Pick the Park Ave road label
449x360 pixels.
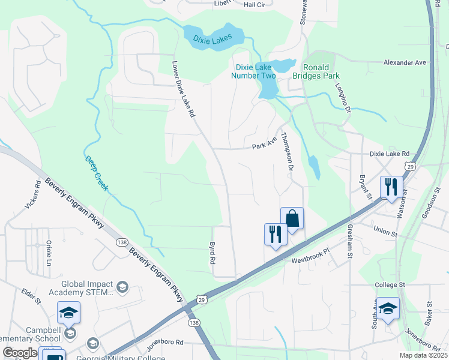pyautogui.click(x=264, y=146)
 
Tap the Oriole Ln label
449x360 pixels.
pyautogui.click(x=49, y=254)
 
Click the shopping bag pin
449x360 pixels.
pyautogui.click(x=292, y=218)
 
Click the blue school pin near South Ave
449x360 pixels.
pyautogui.click(x=388, y=308)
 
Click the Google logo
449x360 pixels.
pyautogui.click(x=19, y=353)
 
